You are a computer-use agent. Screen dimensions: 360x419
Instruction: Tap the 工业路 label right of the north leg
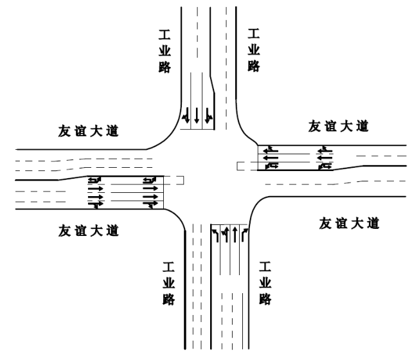(x=254, y=50)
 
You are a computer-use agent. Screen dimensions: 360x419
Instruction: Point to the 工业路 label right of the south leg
(x=264, y=283)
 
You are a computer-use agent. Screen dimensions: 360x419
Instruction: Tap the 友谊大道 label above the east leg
(x=338, y=126)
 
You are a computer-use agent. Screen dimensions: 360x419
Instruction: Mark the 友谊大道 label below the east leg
(x=350, y=224)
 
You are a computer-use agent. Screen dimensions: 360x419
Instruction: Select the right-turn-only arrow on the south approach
(x=245, y=233)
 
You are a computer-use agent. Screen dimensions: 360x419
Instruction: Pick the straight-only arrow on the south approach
(x=235, y=233)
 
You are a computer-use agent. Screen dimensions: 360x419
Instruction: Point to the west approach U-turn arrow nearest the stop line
(x=150, y=179)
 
